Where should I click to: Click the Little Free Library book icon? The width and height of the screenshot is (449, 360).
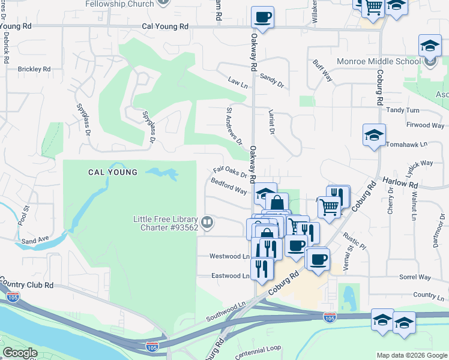pos(207,223)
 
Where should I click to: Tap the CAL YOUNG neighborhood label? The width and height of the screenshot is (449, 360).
pos(113,172)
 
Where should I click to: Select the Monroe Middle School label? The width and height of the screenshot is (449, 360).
pos(379,61)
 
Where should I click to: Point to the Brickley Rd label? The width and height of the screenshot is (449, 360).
pos(34,69)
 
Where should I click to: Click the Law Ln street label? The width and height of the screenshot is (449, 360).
pos(238,85)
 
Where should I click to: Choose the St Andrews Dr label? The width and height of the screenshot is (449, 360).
pos(234,127)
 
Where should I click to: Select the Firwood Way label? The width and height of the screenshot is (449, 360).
pos(425,125)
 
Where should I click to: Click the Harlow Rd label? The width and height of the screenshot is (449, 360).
pos(400,183)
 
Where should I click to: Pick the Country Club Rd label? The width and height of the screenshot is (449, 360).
pos(26,284)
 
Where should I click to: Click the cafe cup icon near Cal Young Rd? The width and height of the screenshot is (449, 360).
pos(262,17)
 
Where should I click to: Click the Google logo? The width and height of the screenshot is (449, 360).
pos(20,352)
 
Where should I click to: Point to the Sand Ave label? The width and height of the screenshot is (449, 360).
pos(35,240)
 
